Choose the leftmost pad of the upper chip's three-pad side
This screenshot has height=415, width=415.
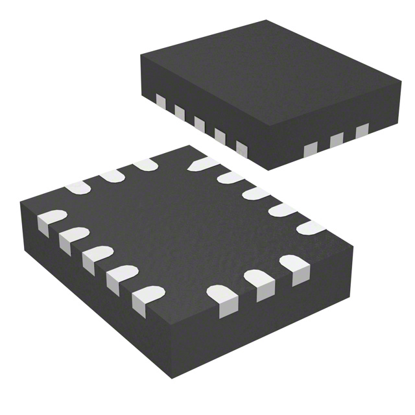312,150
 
